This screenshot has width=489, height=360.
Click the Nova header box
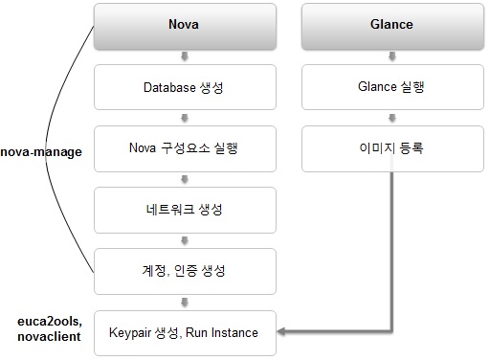185,26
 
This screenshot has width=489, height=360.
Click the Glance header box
392,26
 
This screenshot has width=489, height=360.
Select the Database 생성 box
185,87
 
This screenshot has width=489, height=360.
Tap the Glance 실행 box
392,87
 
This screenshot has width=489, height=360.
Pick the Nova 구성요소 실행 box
185,148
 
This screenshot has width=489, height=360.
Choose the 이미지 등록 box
392,148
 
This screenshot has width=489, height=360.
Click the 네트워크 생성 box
185,210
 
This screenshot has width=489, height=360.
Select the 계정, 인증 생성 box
185,271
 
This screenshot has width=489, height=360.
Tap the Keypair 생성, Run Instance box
185,333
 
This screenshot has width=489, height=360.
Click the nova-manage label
41,152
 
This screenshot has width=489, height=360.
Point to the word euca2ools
50,322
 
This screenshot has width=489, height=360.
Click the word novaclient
49,336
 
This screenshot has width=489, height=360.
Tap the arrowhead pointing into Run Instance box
281,331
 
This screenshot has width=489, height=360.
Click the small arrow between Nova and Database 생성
185,56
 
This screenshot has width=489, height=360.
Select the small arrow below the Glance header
392,56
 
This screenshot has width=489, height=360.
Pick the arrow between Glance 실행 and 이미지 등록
392,118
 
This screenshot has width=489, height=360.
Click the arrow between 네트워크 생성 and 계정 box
185,240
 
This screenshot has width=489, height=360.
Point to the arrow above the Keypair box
185,302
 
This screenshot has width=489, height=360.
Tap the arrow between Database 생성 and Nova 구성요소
185,118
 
